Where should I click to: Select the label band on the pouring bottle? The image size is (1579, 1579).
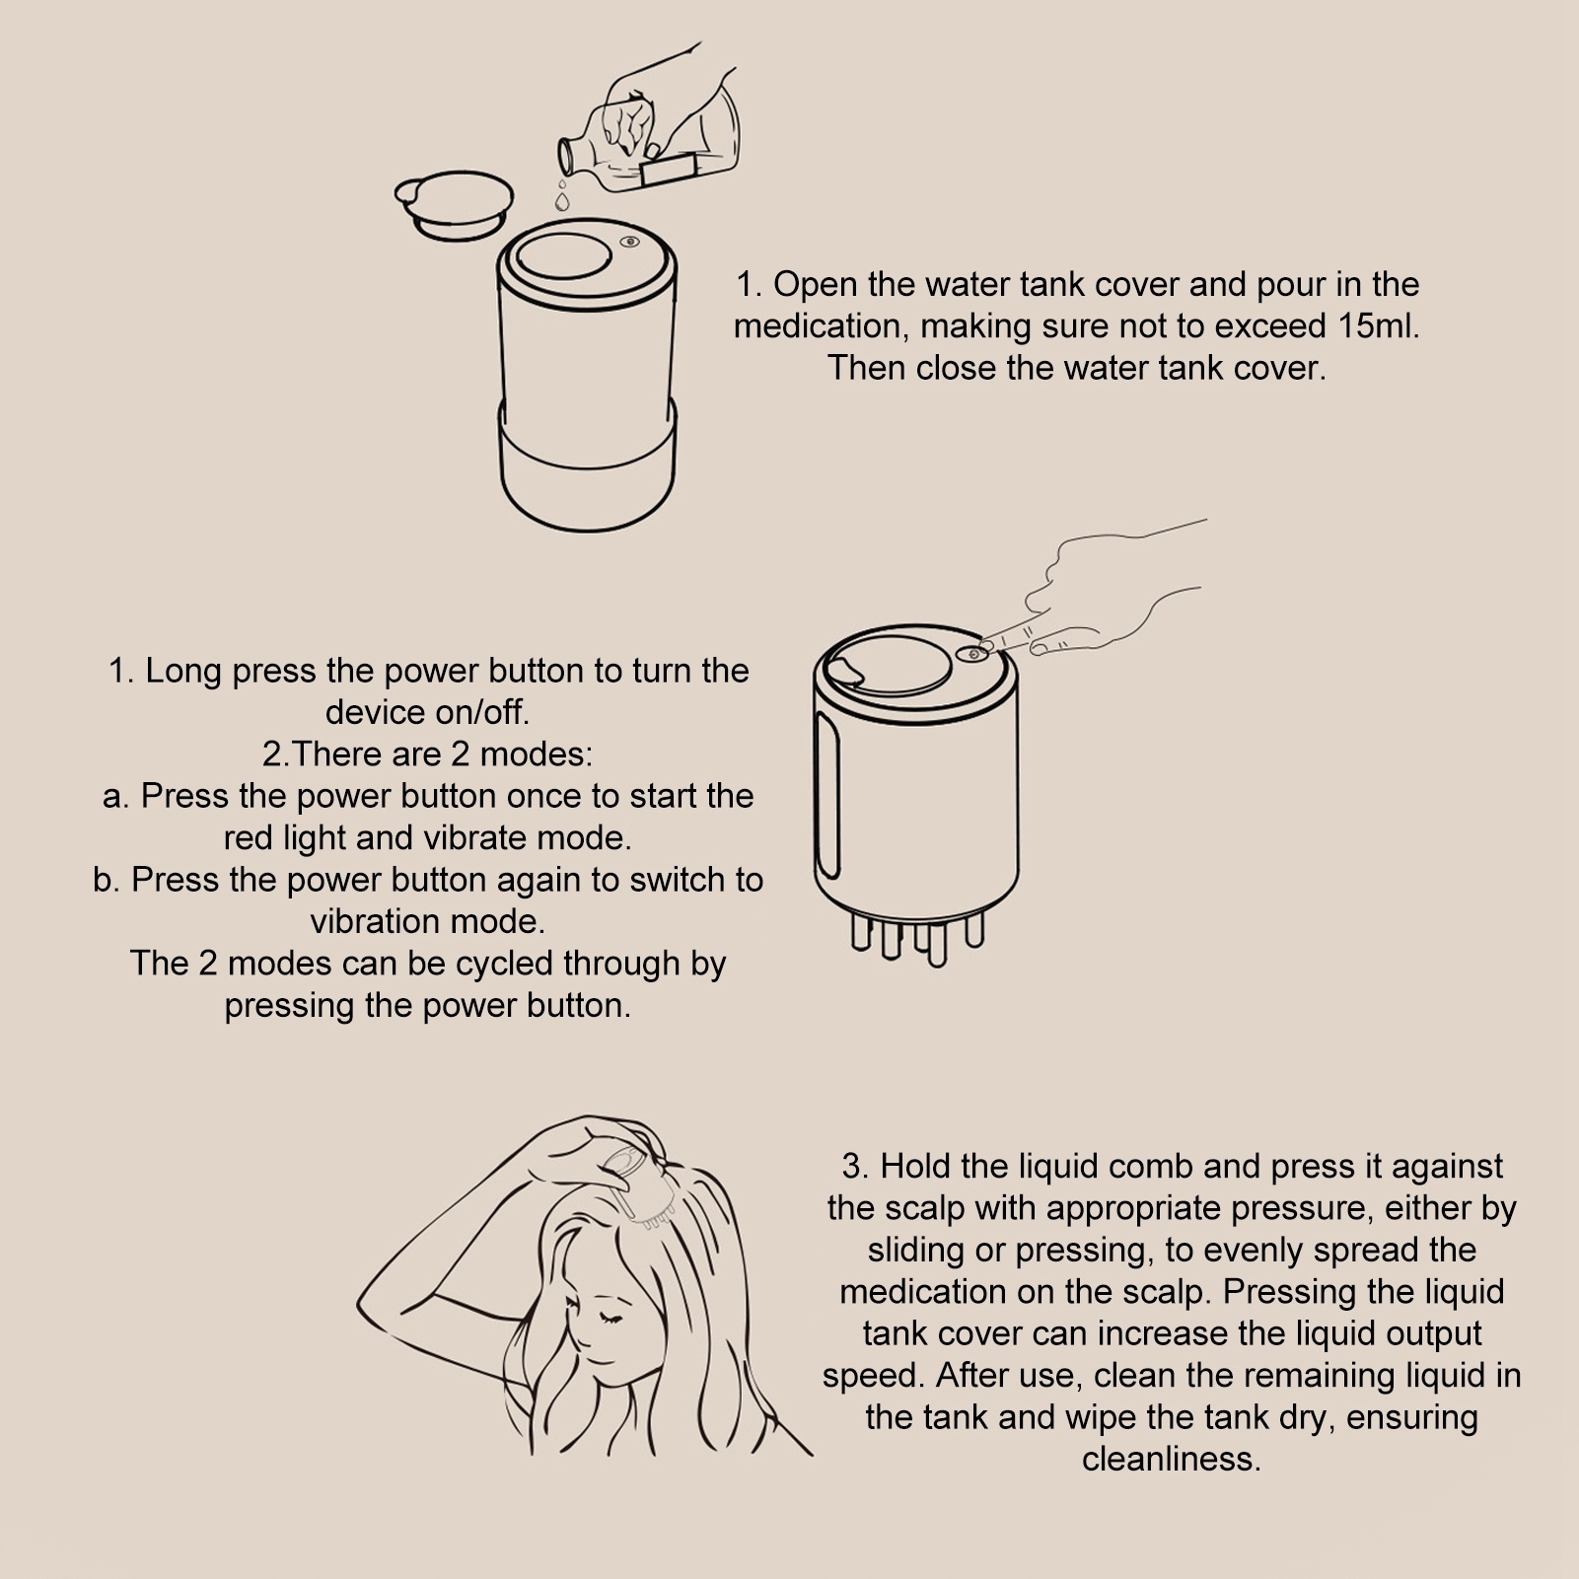pos(670,168)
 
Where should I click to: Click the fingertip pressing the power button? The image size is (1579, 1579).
pos(984,647)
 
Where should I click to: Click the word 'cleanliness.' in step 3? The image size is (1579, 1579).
pos(1172,1459)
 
